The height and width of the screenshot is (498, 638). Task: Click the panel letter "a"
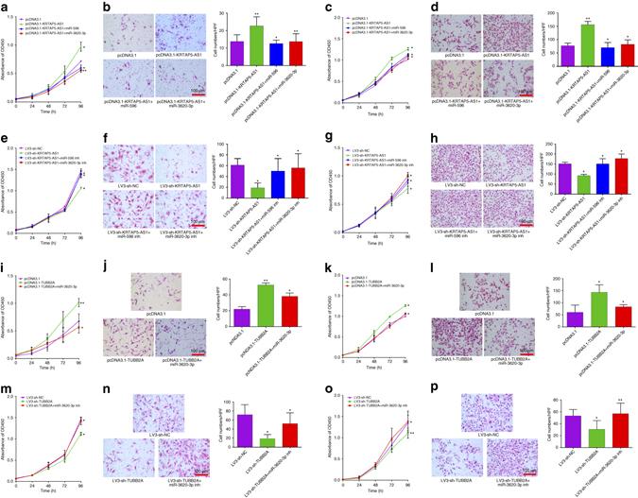click(x=5, y=6)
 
